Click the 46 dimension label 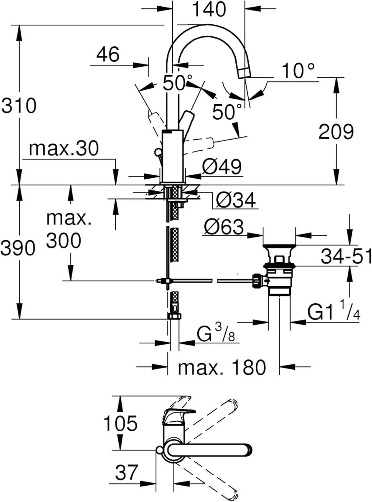[x=108, y=54]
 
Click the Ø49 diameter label [x=222, y=168]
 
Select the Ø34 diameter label [x=235, y=201]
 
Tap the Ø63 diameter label [x=224, y=228]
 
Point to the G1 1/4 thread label [x=333, y=312]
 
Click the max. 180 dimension [x=222, y=368]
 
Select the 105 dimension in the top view [x=121, y=424]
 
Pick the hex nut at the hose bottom [x=174, y=316]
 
